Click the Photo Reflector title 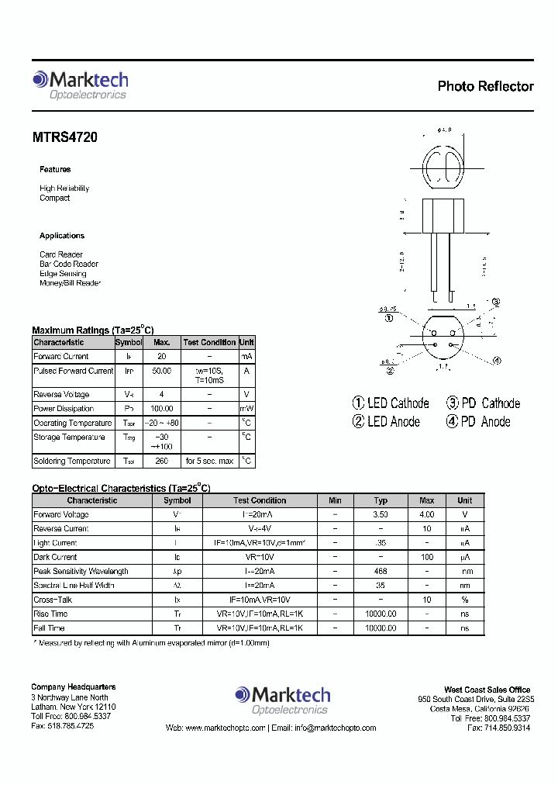click(x=485, y=86)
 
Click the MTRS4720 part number click(x=65, y=137)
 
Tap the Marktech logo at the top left click(x=80, y=85)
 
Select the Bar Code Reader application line click(x=69, y=265)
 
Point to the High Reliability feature click(x=64, y=188)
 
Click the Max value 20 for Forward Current click(x=161, y=357)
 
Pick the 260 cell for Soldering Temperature click(x=161, y=462)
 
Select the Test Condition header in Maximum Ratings click(x=209, y=342)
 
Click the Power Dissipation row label click(x=64, y=409)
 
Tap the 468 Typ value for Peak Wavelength click(x=381, y=572)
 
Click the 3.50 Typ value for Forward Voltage click(x=381, y=514)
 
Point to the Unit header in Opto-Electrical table click(x=464, y=500)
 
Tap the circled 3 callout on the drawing click(x=495, y=303)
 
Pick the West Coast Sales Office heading click(x=487, y=690)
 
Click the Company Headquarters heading click(x=74, y=686)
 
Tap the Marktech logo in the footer click(x=282, y=699)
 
